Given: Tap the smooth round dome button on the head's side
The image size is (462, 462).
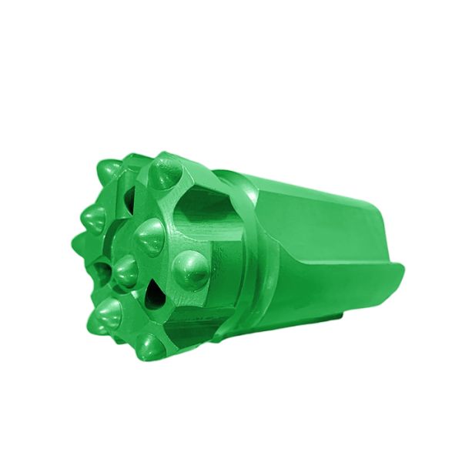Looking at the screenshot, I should (x=191, y=270).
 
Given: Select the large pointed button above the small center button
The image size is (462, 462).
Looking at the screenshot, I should (x=149, y=236).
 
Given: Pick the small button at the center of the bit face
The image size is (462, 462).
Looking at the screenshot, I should (x=124, y=269).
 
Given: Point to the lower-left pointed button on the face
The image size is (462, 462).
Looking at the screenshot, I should (x=109, y=314).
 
